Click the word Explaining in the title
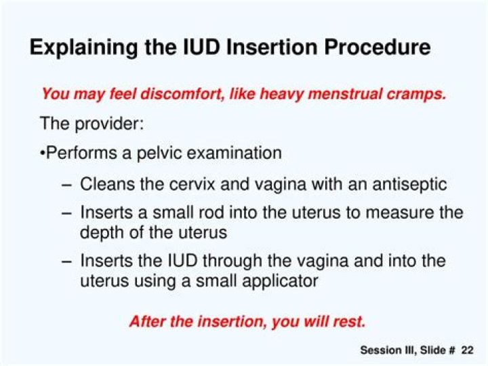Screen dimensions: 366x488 coord(81,48)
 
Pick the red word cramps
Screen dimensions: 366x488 coord(418,94)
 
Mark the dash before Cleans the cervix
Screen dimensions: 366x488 coord(65,184)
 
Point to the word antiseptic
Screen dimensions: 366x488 coord(412,184)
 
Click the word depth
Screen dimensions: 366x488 coord(100,232)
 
